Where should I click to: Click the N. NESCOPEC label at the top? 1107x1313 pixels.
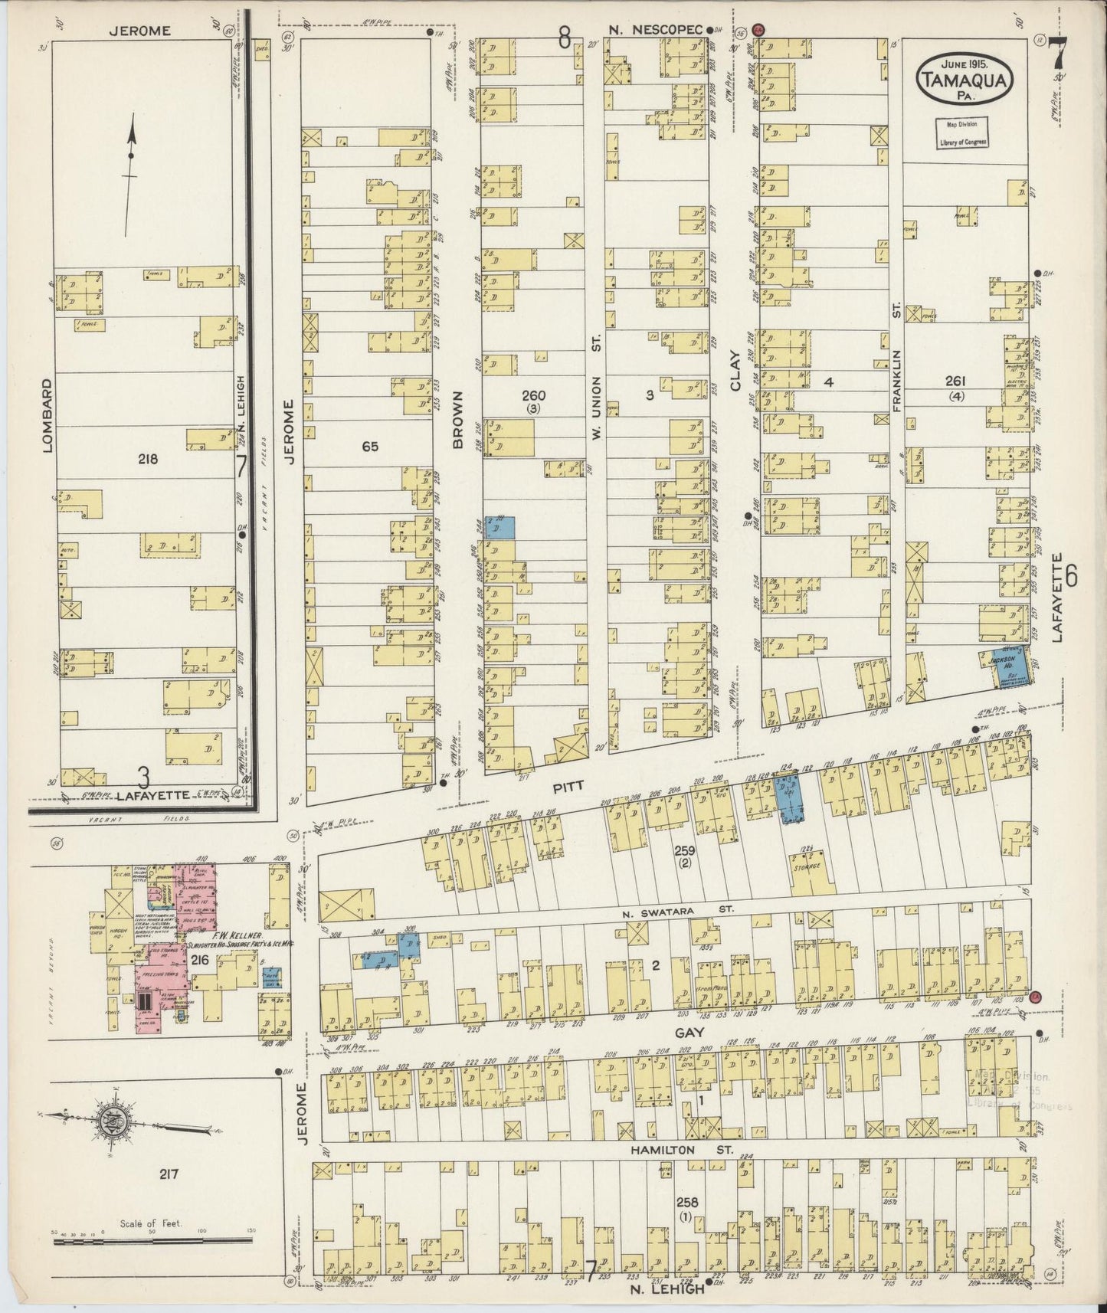[656, 30]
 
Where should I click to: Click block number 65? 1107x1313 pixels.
[370, 445]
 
